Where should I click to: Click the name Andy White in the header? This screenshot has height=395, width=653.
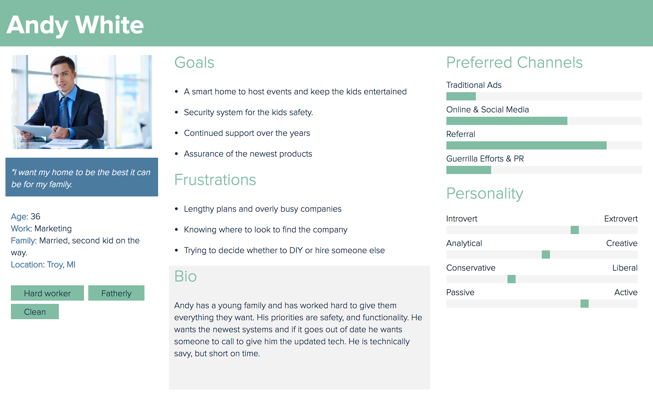pyautogui.click(x=75, y=25)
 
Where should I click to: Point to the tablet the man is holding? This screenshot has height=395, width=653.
pyautogui.click(x=34, y=131)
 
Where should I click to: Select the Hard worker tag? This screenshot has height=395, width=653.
pyautogui.click(x=47, y=293)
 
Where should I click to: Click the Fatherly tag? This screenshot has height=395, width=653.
pyautogui.click(x=116, y=293)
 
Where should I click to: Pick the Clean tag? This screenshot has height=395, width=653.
pyautogui.click(x=35, y=312)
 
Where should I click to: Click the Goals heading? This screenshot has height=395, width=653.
pyautogui.click(x=194, y=63)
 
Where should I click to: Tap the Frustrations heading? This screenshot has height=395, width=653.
pyautogui.click(x=215, y=180)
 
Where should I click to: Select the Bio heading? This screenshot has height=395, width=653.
pyautogui.click(x=185, y=276)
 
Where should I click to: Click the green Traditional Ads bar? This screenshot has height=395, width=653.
pyautogui.click(x=461, y=96)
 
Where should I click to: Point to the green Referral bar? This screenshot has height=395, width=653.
pyautogui.click(x=526, y=145)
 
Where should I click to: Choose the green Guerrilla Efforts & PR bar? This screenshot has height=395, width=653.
pyautogui.click(x=469, y=170)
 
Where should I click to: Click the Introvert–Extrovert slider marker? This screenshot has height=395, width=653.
pyautogui.click(x=575, y=230)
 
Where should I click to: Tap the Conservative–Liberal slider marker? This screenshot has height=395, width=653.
pyautogui.click(x=512, y=279)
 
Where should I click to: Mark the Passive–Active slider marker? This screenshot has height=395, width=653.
pyautogui.click(x=585, y=303)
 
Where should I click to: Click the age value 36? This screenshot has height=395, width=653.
pyautogui.click(x=35, y=217)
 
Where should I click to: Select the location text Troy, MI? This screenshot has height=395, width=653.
pyautogui.click(x=61, y=265)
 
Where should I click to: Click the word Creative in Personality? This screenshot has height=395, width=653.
pyautogui.click(x=622, y=243)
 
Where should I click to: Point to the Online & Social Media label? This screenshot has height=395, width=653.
pyautogui.click(x=487, y=110)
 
